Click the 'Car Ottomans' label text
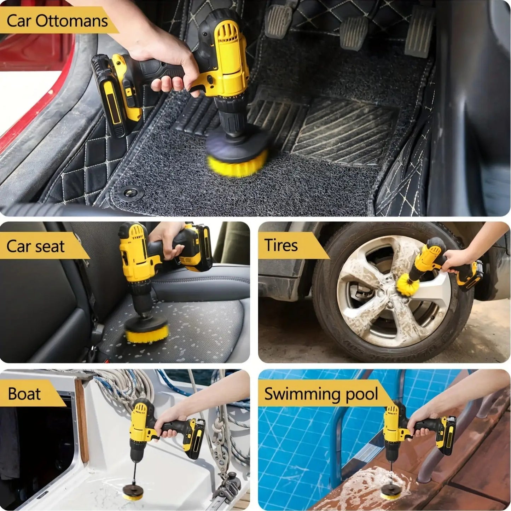pyautogui.click(x=57, y=21)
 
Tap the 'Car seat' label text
pyautogui.click(x=35, y=246)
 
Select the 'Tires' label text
pyautogui.click(x=281, y=245)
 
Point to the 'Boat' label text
pyautogui.click(x=24, y=394)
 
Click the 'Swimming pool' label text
pyautogui.click(x=321, y=394)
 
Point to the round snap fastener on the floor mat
pyautogui.click(x=130, y=193)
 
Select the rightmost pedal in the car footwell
pyautogui.click(x=419, y=32)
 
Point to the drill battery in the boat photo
pyautogui.click(x=194, y=439)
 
